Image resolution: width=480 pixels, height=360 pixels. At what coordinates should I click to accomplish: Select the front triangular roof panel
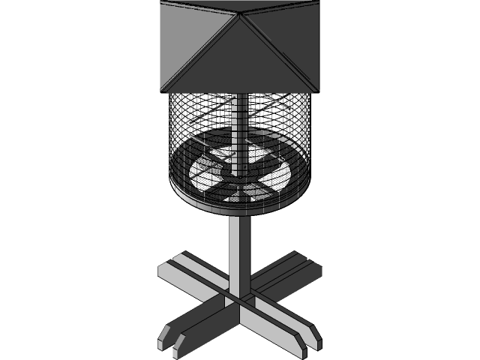(240, 60)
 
